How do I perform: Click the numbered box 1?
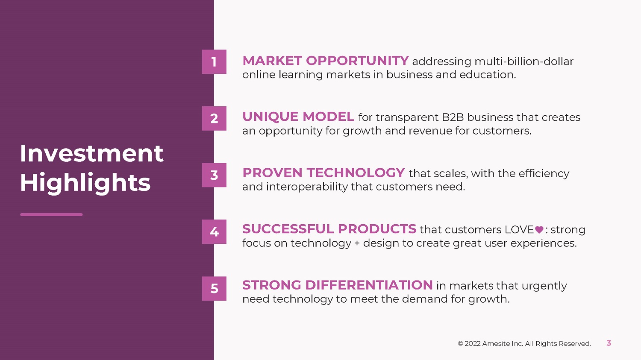tap(214, 62)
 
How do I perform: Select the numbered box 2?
tap(214, 118)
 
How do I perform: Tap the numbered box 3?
tap(214, 175)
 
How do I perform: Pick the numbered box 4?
tap(214, 231)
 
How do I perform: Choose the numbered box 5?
tap(214, 289)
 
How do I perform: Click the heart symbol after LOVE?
tap(539, 230)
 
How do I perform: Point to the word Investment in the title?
tap(91, 154)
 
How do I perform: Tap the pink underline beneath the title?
tap(52, 214)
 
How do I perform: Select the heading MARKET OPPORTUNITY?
tap(326, 61)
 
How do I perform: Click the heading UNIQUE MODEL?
tap(298, 117)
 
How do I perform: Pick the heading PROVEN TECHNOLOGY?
tap(323, 173)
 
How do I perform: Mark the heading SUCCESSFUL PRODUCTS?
tap(329, 229)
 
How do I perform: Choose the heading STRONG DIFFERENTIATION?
tap(338, 285)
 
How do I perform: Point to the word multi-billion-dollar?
tap(524, 61)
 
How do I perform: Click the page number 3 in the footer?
tap(609, 343)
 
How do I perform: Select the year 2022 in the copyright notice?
tap(472, 343)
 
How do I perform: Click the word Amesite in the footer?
tap(494, 343)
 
